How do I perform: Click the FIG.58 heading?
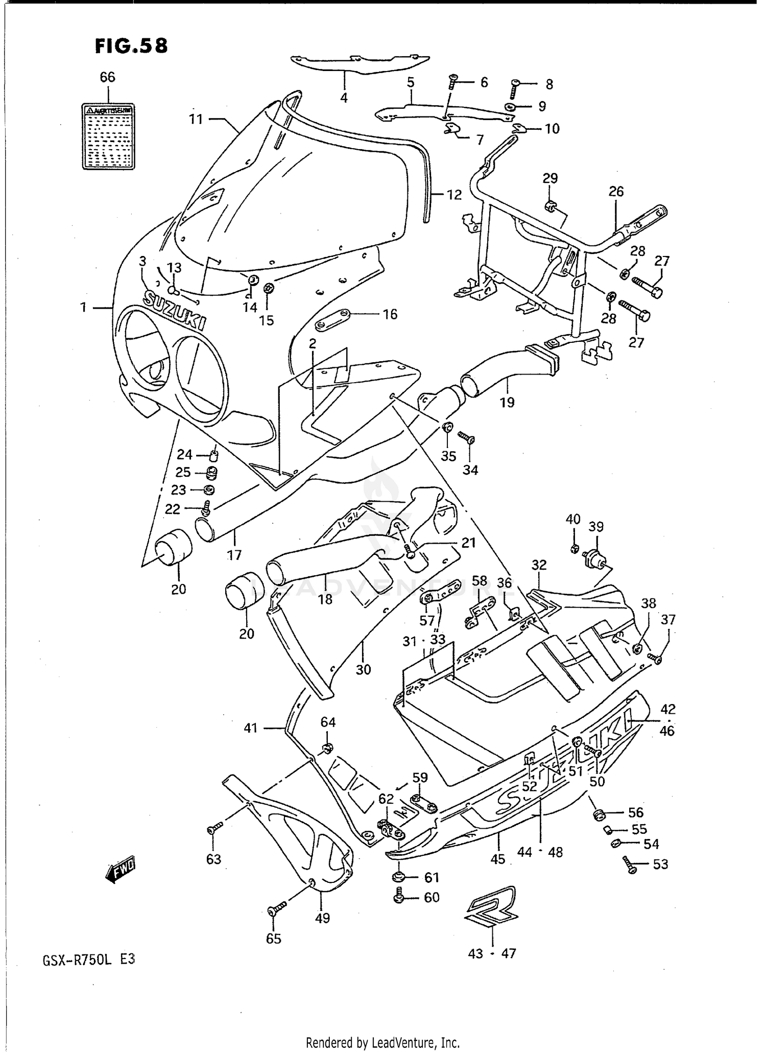[131, 46]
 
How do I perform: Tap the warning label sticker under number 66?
[108, 136]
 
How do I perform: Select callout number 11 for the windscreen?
[196, 120]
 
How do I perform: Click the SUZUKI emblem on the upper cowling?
[175, 311]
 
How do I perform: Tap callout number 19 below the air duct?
[507, 403]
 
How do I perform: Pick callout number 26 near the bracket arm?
[616, 192]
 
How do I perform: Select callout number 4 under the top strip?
[344, 98]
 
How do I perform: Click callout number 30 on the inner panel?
[363, 669]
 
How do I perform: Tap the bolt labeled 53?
[629, 865]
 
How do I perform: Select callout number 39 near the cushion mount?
[596, 527]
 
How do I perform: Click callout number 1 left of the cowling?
[83, 308]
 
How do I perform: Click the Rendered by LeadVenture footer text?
[382, 1042]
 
